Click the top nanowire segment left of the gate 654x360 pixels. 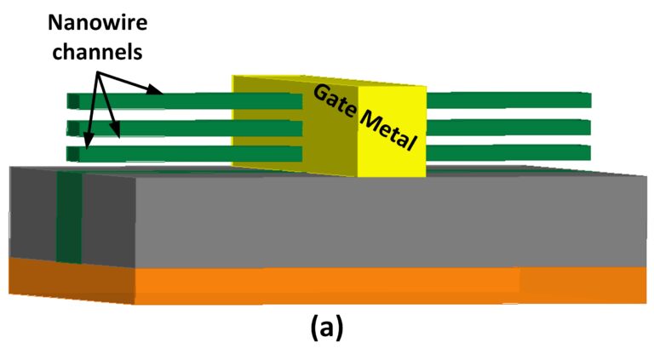click(187, 100)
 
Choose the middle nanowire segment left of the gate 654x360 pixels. click(187, 128)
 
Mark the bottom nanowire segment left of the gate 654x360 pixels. click(187, 154)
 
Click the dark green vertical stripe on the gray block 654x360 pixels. click(69, 217)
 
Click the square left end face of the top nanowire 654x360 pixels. click(72, 101)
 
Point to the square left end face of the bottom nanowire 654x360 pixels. click(72, 155)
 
